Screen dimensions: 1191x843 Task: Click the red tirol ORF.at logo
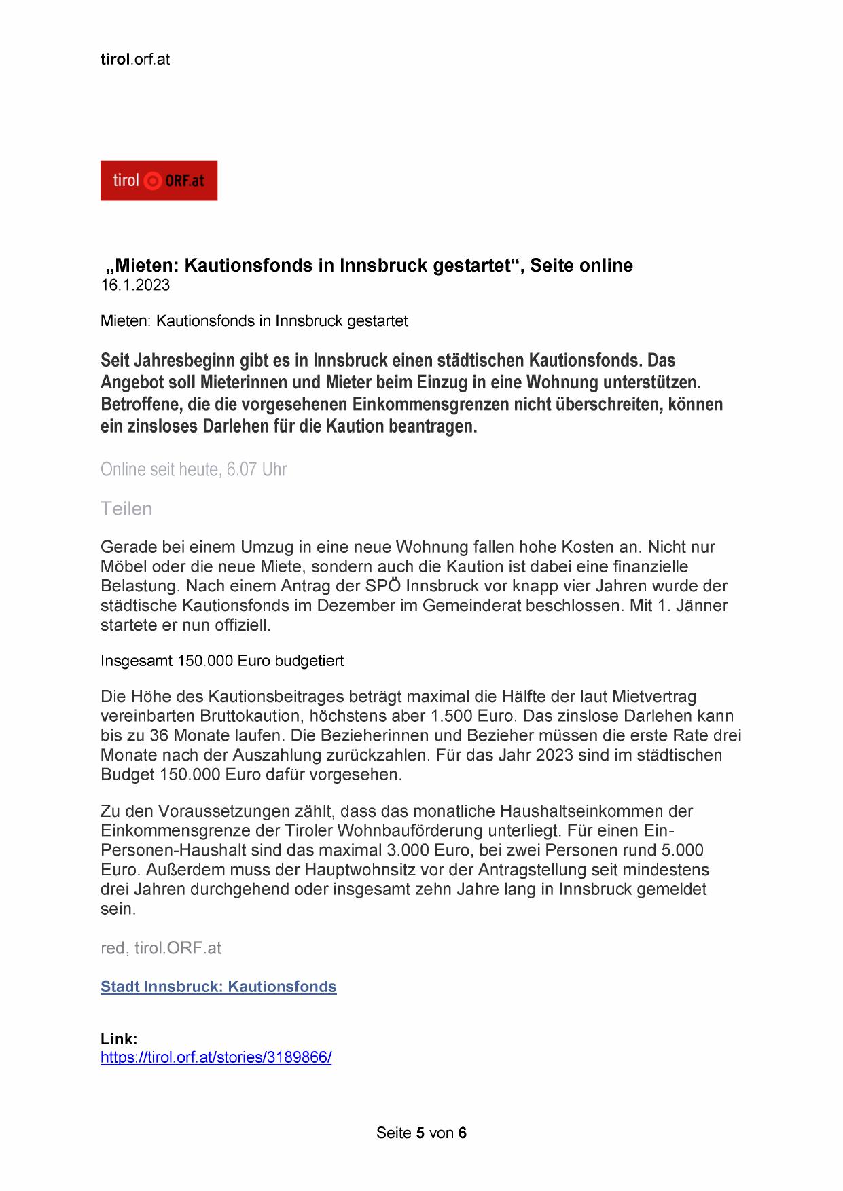tap(158, 181)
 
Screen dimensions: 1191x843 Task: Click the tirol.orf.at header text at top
tap(134, 59)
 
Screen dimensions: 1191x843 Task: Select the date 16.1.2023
tap(135, 285)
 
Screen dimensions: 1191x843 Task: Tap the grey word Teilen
tap(126, 509)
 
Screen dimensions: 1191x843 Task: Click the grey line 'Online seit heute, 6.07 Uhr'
tap(194, 469)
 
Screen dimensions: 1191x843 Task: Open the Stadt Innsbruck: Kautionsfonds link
tap(218, 987)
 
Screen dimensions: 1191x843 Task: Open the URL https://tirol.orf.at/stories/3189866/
tap(216, 1057)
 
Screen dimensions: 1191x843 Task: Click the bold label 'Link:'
tap(119, 1039)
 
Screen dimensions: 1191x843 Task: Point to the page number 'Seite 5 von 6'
tap(421, 1133)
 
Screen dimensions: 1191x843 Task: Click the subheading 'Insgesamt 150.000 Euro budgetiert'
tap(222, 661)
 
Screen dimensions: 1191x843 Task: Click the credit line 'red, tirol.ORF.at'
tap(161, 948)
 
